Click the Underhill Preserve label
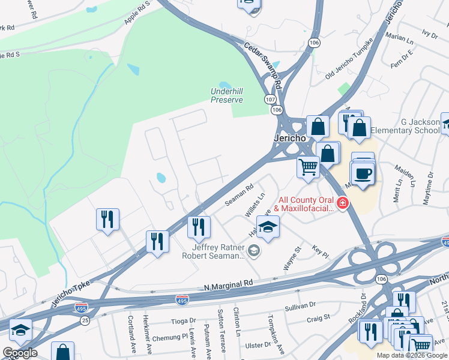pyautogui.click(x=226, y=95)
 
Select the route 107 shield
pyautogui.click(x=270, y=99)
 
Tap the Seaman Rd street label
pyautogui.click(x=240, y=196)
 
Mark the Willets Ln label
pyautogui.click(x=255, y=205)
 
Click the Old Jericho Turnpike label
pyautogui.click(x=349, y=58)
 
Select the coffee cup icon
pyautogui.click(x=363, y=174)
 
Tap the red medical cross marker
pyautogui.click(x=343, y=204)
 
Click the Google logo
pyautogui.click(x=20, y=353)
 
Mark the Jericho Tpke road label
pyautogui.click(x=71, y=295)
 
